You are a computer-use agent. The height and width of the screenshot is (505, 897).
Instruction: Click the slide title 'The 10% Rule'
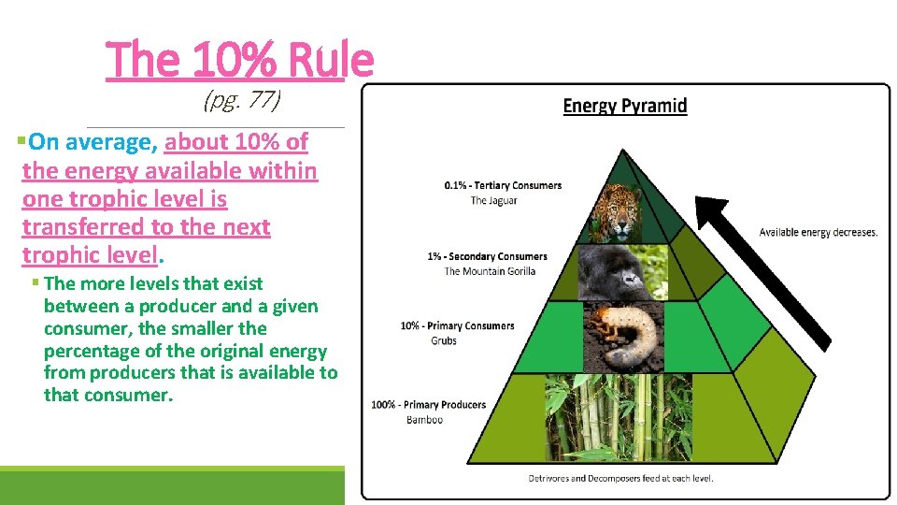(240, 61)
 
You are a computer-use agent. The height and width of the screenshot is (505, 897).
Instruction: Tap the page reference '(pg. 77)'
(242, 100)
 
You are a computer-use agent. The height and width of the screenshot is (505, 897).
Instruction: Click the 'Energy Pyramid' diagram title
(624, 106)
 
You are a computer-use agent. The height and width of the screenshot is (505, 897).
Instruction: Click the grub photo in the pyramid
(624, 335)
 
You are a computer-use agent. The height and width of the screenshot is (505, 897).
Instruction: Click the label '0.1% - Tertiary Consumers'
(503, 185)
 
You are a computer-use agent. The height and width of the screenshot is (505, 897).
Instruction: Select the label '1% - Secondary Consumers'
(487, 256)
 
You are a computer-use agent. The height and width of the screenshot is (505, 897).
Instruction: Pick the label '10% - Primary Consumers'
(457, 326)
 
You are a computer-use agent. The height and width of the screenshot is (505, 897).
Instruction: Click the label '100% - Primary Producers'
(429, 405)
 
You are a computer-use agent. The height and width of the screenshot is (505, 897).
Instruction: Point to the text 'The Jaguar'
(493, 201)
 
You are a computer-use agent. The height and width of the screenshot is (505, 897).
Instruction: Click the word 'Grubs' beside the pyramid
(444, 341)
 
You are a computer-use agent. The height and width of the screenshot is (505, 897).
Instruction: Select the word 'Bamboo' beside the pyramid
(424, 420)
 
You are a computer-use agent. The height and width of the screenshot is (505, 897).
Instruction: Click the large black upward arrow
(768, 271)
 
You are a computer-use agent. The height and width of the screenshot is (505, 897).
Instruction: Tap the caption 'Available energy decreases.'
(819, 232)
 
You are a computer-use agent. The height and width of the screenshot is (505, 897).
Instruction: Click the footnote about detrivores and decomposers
(620, 479)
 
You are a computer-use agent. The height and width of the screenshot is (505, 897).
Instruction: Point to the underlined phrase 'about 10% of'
(236, 142)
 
